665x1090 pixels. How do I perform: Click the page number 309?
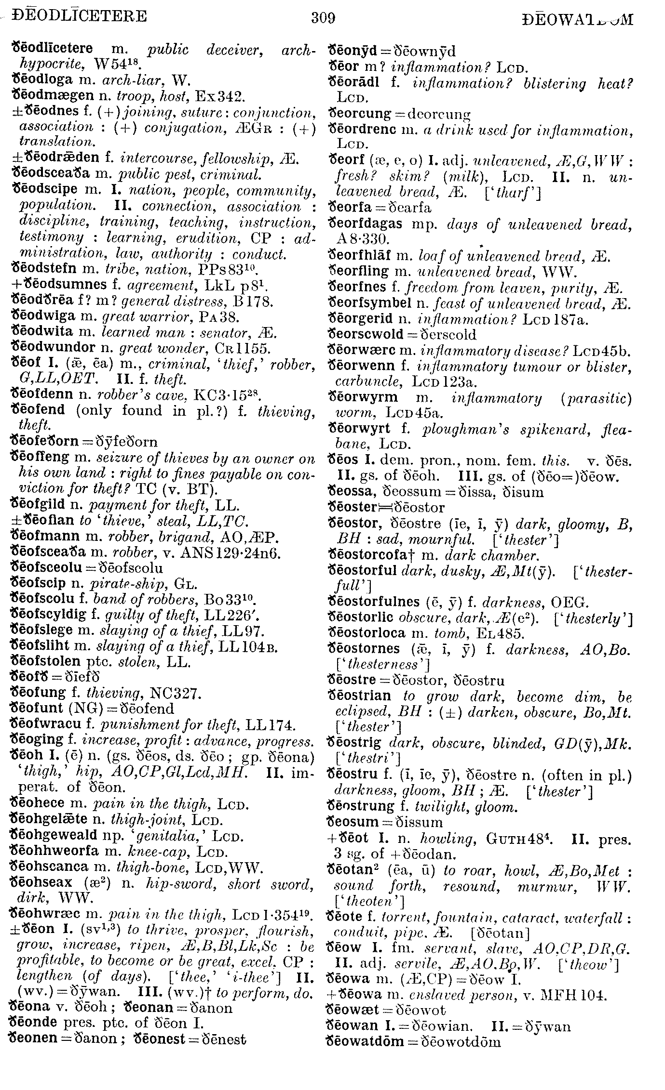click(x=323, y=18)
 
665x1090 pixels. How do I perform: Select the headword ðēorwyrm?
click(x=363, y=398)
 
